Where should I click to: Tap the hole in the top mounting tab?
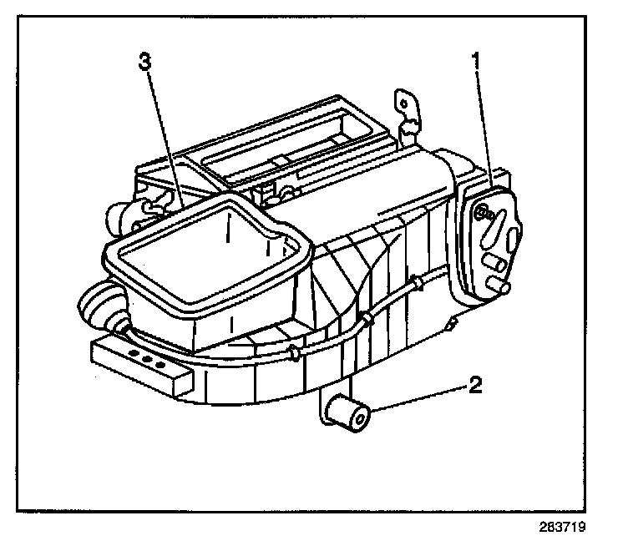[x=404, y=104]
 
